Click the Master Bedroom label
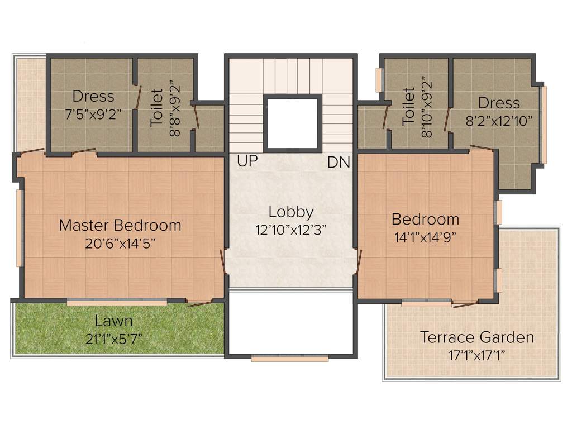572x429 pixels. tap(120, 226)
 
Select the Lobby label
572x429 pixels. tap(290, 212)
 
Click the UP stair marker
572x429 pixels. tap(247, 162)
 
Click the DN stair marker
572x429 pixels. tap(339, 163)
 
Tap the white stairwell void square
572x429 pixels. tap(292, 123)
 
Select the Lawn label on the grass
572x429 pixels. tap(113, 321)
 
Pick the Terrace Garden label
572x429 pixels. tap(476, 337)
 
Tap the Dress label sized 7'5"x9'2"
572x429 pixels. tap(93, 96)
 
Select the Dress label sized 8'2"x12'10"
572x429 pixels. tap(499, 103)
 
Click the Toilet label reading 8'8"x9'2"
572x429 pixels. tap(157, 107)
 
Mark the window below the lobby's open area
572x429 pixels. tap(289, 359)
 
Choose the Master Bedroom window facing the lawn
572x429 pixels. tap(117, 302)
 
